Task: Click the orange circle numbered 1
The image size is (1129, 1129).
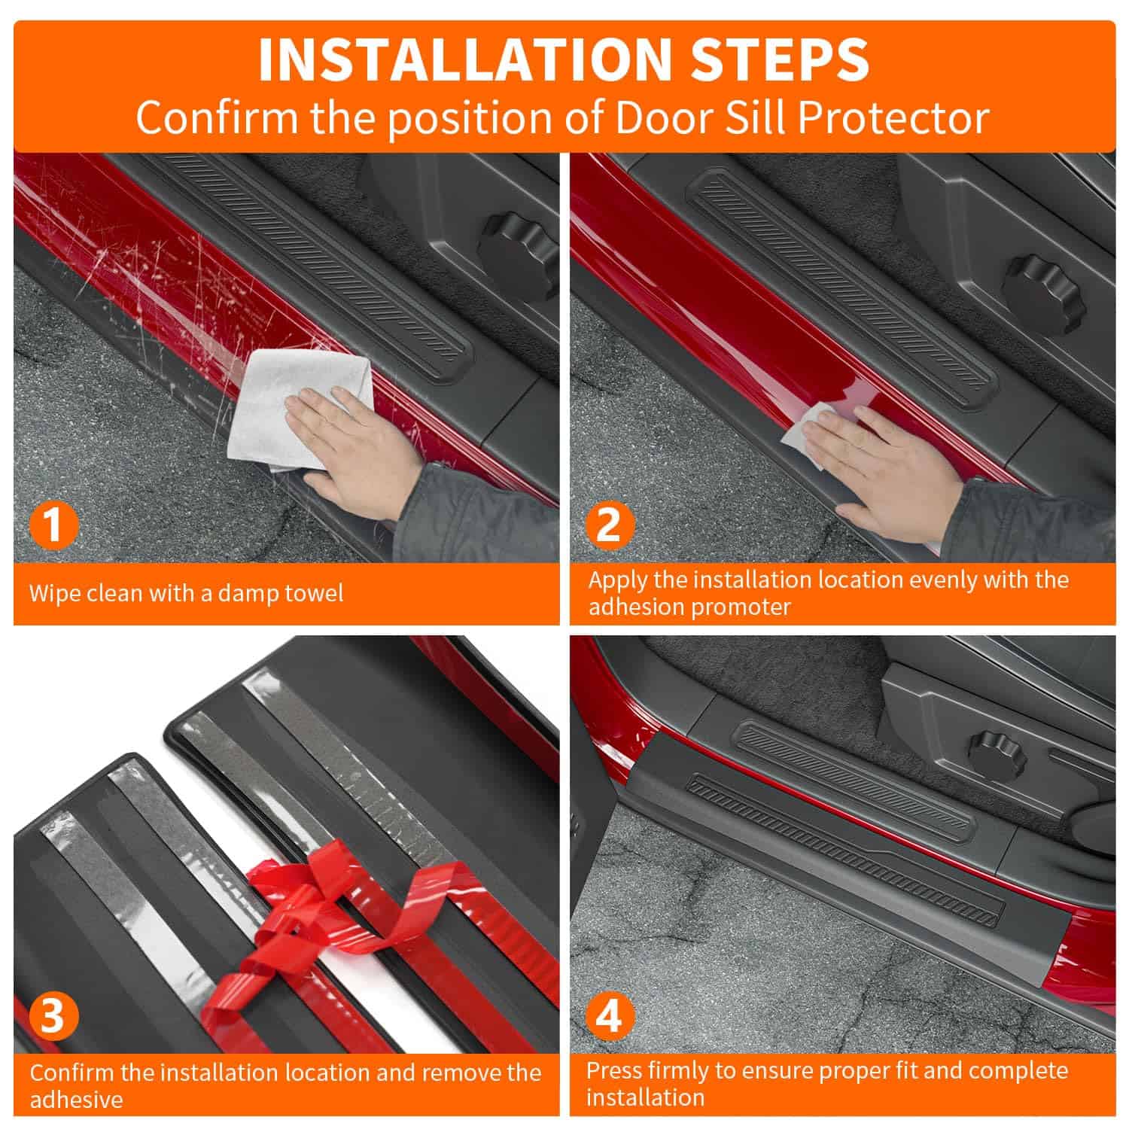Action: (x=53, y=525)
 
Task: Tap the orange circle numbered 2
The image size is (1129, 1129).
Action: (x=609, y=524)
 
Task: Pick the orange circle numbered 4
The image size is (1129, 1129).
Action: (x=609, y=1015)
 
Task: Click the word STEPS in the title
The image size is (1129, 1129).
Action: (x=780, y=59)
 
